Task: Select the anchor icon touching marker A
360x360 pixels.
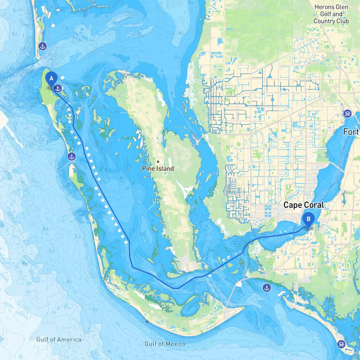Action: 58,88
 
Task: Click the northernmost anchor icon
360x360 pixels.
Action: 43,46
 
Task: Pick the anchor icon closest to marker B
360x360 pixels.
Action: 267,288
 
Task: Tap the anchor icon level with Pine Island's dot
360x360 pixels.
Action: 72,157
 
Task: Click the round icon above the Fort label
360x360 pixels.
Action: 348,114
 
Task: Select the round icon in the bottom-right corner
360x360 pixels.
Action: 341,344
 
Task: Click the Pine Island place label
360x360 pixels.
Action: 158,168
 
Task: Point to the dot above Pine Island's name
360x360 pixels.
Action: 158,161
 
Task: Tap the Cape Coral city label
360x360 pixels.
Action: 303,205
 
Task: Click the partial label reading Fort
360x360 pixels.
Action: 351,132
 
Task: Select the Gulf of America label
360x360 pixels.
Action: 59,339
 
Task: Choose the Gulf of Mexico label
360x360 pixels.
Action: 165,344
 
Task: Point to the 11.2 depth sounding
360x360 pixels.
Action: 24,313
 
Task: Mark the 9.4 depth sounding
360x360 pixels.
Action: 51,251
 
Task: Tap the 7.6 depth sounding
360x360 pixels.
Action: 118,324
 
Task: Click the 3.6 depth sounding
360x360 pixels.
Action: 300,324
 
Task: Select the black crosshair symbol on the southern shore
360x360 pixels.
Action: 147,321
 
